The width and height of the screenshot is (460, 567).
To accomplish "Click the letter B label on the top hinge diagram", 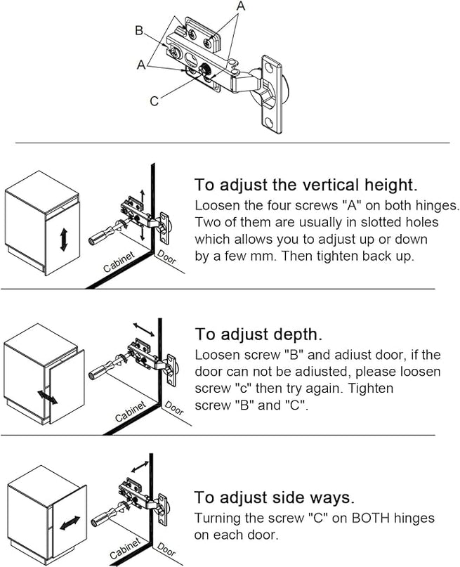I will (139, 30).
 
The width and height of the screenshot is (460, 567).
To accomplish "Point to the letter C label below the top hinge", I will (154, 100).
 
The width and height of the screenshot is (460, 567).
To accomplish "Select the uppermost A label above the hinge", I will (241, 6).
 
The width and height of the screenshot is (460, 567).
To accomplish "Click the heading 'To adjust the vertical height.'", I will (306, 185).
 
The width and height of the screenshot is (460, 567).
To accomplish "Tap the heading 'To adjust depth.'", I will (258, 333).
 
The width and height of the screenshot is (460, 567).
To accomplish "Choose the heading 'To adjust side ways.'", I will (274, 497).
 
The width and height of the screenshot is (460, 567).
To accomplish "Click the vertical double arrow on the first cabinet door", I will (64, 239).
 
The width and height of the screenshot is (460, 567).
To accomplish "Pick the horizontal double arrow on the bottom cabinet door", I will (68, 524).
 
